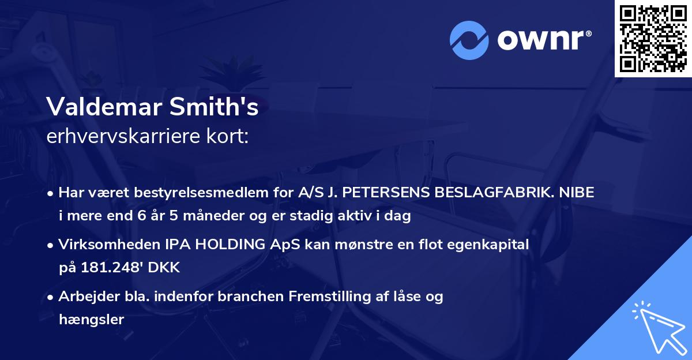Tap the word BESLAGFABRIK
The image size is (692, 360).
coord(484,193)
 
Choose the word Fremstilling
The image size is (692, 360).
coord(327,297)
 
